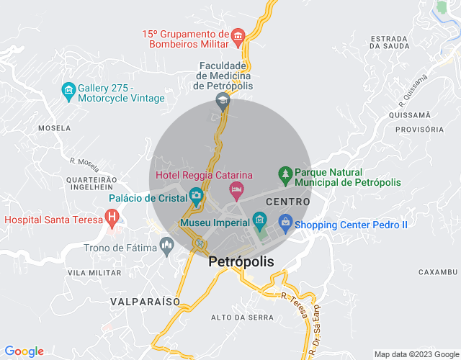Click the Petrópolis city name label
[x=241, y=262]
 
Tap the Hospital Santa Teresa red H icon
[x=111, y=216]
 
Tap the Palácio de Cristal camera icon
[x=196, y=196]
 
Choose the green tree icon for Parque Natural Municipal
[x=285, y=175]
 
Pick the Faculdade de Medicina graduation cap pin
[x=223, y=100]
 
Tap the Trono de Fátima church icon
[x=167, y=247]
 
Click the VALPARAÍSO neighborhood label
[x=146, y=302]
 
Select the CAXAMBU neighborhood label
[x=437, y=272]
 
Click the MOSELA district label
[x=54, y=127]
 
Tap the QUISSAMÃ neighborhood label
[x=409, y=114]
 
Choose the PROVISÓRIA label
[x=420, y=130]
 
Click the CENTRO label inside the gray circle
[x=287, y=202]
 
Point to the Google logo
[x=23, y=351]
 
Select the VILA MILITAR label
[x=94, y=274]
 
